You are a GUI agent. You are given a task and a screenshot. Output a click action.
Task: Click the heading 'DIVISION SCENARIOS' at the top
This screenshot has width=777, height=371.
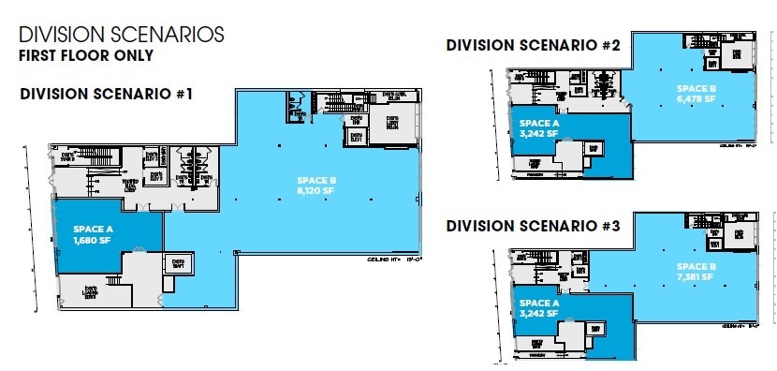[122, 35]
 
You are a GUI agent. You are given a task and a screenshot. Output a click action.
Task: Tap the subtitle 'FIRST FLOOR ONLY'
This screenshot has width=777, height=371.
[86, 55]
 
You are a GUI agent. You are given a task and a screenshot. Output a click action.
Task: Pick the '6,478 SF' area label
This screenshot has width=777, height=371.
[696, 96]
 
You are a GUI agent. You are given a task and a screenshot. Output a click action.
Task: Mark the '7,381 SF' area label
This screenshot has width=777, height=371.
[696, 277]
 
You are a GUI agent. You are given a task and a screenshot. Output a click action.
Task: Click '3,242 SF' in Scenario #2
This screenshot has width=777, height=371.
[539, 133]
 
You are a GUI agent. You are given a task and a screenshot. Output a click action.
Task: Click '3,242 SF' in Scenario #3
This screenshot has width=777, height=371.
[539, 314]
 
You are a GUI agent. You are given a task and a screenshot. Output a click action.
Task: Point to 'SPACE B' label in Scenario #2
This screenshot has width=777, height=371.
[696, 86]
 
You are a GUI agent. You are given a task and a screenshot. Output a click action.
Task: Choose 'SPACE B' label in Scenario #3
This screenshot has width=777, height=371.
[696, 267]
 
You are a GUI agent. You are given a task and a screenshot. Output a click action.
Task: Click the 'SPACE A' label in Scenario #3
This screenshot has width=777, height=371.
[539, 304]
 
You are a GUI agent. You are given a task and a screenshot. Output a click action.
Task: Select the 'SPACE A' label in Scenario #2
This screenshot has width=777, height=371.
[539, 123]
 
